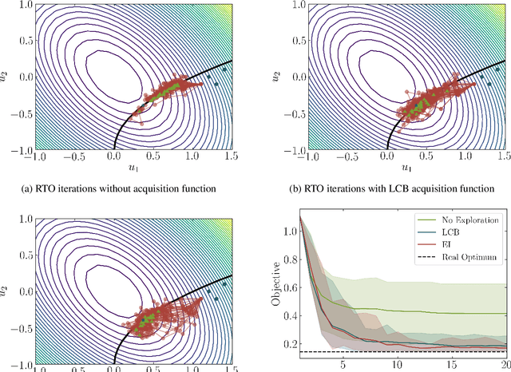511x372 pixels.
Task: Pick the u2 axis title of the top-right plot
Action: coord(276,76)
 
